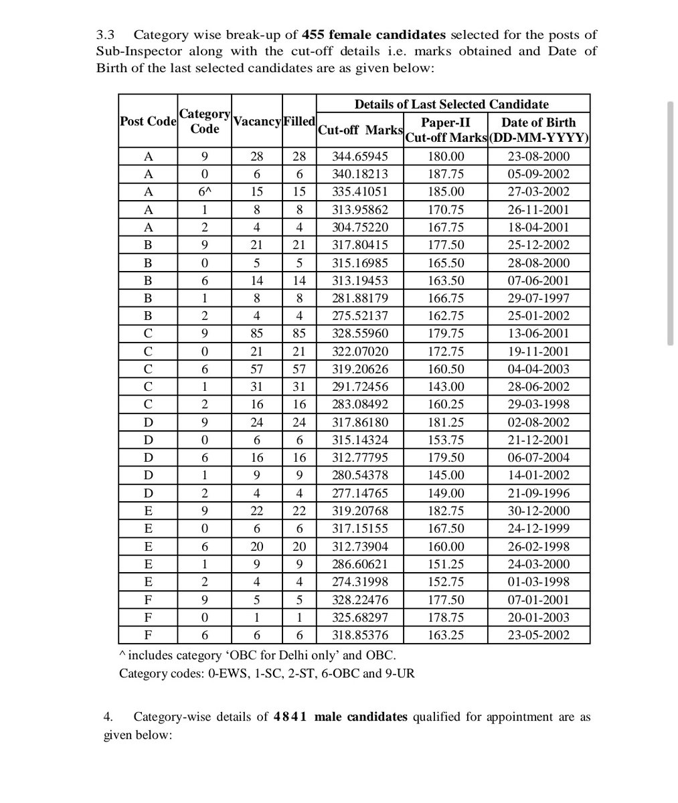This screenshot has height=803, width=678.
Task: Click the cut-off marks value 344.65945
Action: (x=360, y=157)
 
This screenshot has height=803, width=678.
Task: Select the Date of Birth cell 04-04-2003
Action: (x=538, y=369)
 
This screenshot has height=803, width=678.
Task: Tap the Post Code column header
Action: (x=148, y=121)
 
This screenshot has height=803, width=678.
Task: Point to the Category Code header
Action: (x=204, y=121)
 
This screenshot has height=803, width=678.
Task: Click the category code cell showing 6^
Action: (x=204, y=192)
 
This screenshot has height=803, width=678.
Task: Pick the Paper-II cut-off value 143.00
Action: (x=446, y=387)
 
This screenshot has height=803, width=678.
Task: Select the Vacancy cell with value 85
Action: (x=257, y=333)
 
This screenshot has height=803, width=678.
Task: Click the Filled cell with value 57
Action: (x=299, y=369)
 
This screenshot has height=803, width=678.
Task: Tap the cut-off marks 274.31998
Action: (x=360, y=582)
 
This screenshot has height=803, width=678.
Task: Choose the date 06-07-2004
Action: (x=538, y=458)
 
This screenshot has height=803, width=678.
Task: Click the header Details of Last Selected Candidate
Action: (x=451, y=104)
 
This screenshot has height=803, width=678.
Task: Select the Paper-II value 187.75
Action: (x=446, y=174)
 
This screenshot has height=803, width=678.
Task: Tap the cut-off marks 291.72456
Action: (x=360, y=387)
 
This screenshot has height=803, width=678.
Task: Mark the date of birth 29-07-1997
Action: (x=538, y=298)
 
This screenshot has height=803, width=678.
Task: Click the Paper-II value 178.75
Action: (x=446, y=617)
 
